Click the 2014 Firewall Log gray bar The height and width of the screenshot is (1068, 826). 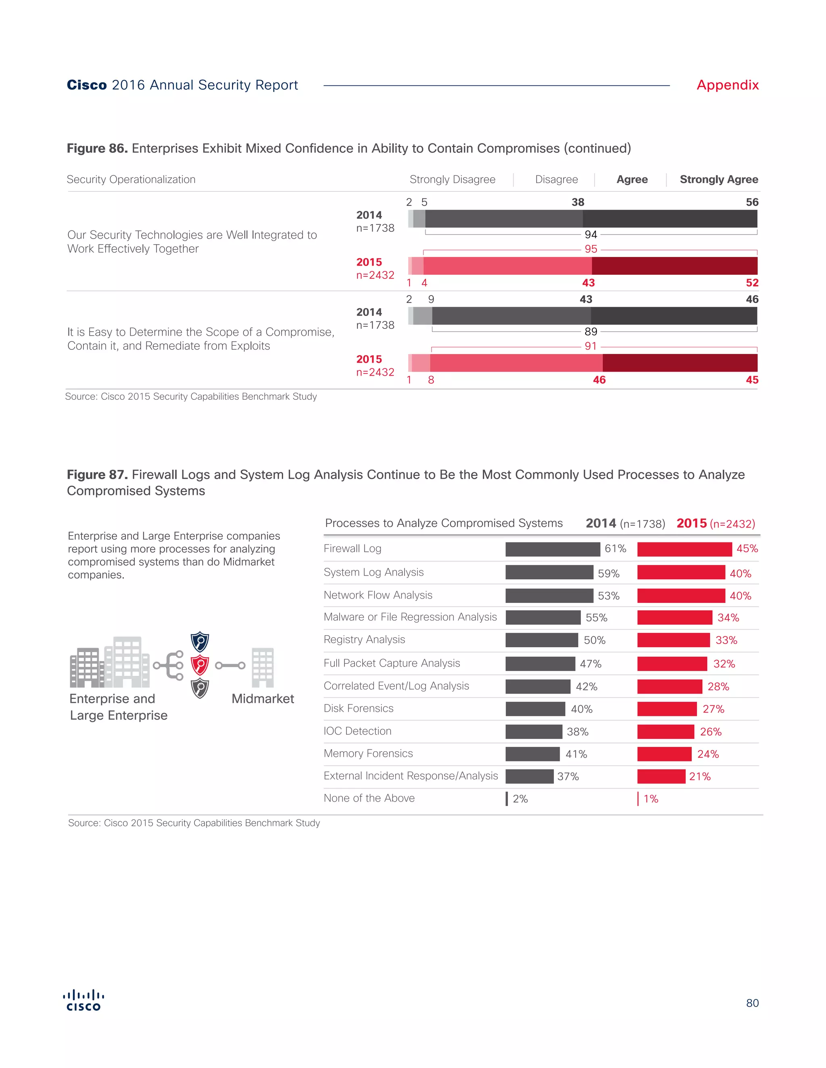click(x=553, y=549)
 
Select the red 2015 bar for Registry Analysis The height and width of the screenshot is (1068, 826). click(x=673, y=640)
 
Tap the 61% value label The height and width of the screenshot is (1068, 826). click(x=615, y=549)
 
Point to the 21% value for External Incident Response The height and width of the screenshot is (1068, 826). click(x=700, y=777)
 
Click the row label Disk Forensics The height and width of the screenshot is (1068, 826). click(x=358, y=709)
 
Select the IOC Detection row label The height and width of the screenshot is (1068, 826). click(x=357, y=731)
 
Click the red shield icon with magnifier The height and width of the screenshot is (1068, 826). click(x=200, y=665)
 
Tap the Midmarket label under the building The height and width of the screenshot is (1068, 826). click(x=263, y=699)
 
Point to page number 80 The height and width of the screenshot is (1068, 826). click(x=752, y=1003)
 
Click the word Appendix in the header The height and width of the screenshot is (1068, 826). click(x=727, y=85)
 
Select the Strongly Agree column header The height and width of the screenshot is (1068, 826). click(x=718, y=179)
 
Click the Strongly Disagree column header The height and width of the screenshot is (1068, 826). click(x=452, y=179)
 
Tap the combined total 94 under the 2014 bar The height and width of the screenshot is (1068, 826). click(x=590, y=235)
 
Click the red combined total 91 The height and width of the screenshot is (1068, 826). click(x=590, y=346)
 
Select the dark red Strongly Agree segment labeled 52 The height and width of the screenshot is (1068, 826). click(x=674, y=266)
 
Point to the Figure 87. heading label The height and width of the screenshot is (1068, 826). click(x=97, y=475)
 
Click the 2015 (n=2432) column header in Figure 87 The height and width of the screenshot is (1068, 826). click(x=715, y=524)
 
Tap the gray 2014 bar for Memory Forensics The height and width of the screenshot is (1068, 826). click(x=532, y=754)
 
